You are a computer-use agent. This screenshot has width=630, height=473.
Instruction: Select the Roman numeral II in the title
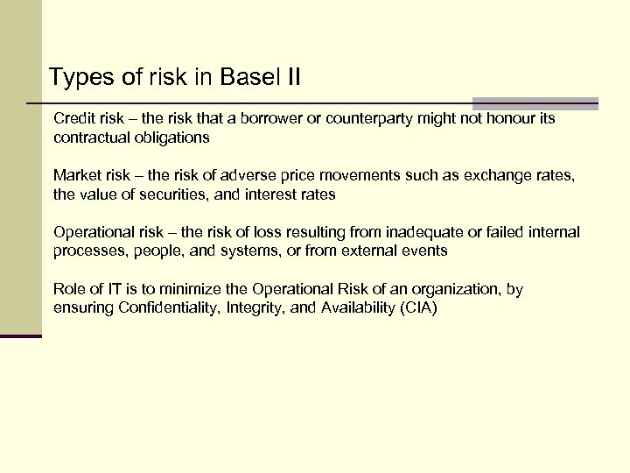(290, 77)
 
